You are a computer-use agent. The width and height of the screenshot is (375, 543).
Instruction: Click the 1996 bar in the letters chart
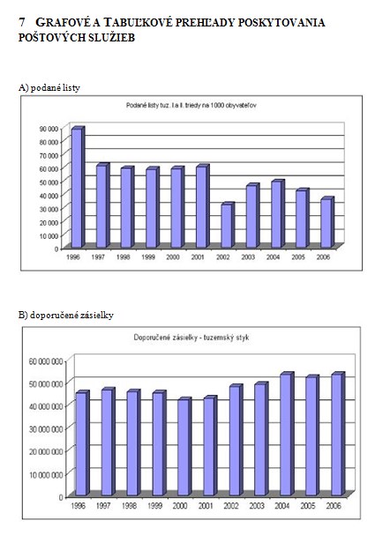point(78,187)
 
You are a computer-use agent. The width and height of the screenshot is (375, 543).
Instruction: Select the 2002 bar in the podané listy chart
point(228,225)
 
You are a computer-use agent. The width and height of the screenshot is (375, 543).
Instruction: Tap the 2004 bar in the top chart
point(278,213)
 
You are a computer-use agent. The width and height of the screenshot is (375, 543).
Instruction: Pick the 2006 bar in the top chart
point(327,222)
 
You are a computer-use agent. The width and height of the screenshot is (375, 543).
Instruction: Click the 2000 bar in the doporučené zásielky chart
point(184,446)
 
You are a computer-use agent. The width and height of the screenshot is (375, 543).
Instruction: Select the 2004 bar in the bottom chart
point(287,434)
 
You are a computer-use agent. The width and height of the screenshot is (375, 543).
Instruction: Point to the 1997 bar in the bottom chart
point(109,442)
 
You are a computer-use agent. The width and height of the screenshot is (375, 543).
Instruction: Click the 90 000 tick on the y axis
point(49,129)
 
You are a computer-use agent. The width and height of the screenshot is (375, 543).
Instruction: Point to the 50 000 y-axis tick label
point(49,182)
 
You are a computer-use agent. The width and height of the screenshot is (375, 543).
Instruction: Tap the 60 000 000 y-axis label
point(46,361)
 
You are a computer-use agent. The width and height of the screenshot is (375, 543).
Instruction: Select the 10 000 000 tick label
point(46,474)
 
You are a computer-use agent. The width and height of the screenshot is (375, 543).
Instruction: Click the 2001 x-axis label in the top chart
point(198,257)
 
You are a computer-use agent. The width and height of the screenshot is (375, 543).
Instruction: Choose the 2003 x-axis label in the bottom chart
point(257,506)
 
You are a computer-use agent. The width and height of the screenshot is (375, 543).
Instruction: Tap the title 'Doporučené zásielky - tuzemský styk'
point(191,338)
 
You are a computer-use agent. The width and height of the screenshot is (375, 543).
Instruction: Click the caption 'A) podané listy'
point(49,88)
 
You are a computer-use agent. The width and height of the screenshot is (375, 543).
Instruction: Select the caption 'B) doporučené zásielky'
point(66,316)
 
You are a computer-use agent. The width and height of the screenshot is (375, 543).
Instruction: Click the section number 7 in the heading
point(22,23)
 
